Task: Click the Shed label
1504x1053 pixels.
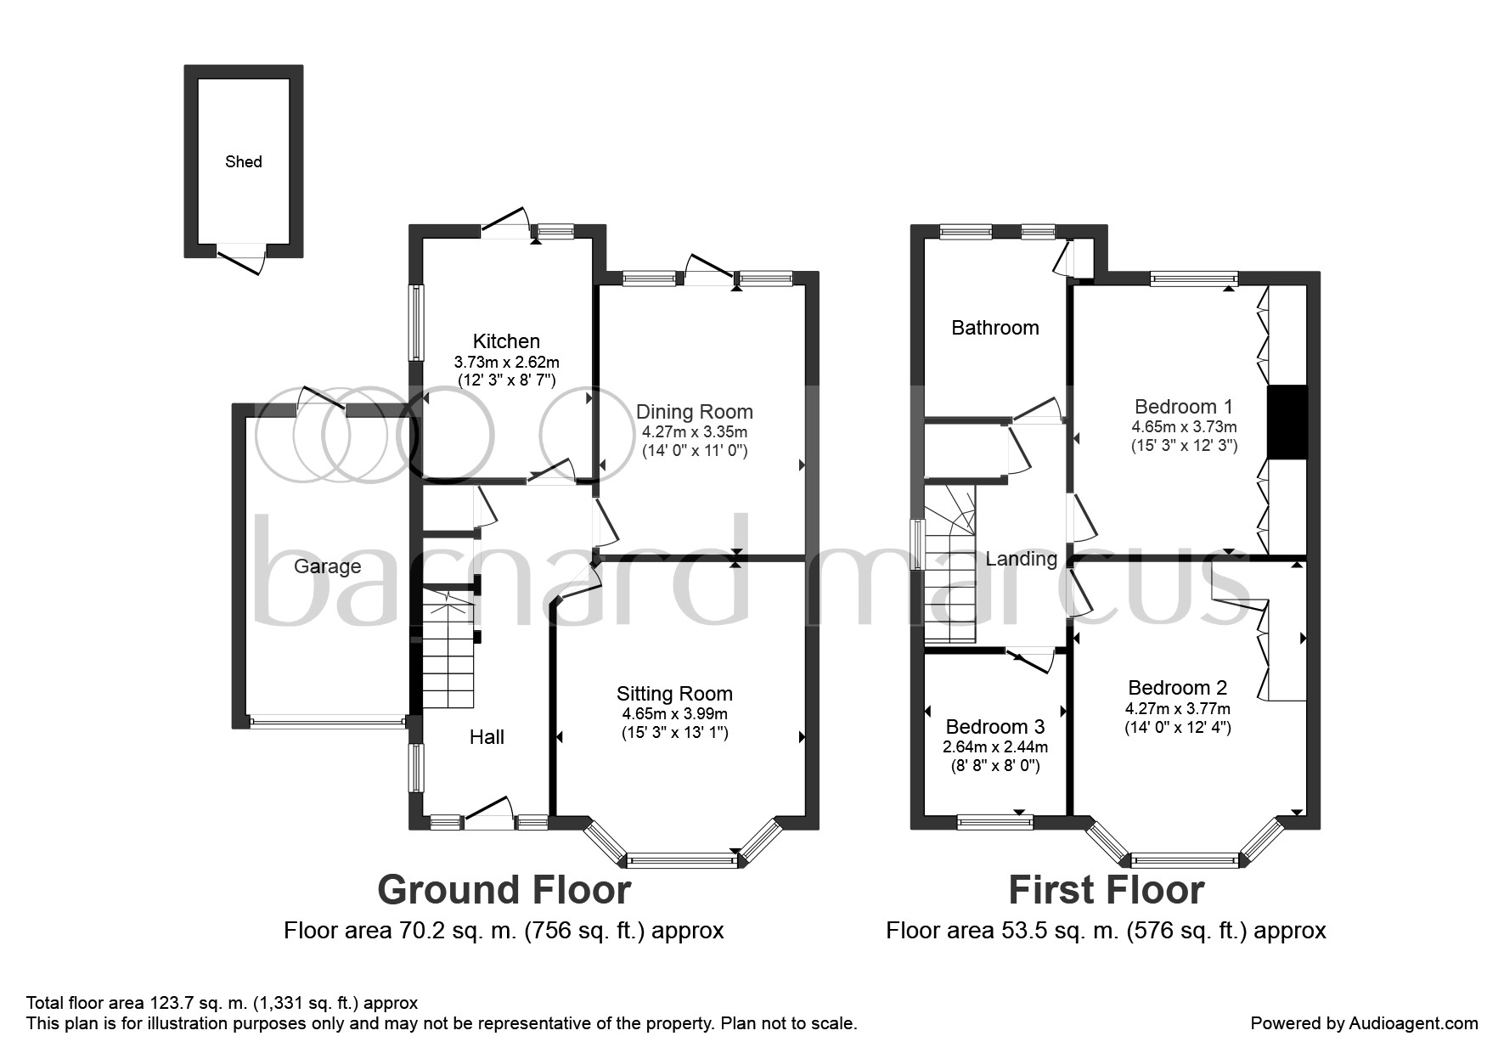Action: coord(244,161)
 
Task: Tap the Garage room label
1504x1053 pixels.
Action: coord(327,566)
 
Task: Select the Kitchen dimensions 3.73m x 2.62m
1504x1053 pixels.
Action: coord(506,363)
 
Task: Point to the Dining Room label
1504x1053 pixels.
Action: coord(695,412)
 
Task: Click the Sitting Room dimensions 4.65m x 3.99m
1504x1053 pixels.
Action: coord(674,715)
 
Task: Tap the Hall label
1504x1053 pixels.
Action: coord(487,737)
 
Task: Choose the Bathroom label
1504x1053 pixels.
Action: coord(995,328)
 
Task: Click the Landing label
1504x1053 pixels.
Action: coord(1022,559)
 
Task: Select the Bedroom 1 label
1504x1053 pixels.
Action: coord(1184,407)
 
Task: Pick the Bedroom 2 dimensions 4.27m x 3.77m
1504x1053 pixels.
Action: coord(1178,709)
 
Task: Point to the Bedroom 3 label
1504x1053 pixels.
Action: coord(995,727)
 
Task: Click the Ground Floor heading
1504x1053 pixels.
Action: coord(504,890)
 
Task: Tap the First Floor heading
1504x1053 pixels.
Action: coord(1106,890)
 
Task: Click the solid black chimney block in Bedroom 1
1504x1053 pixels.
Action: coord(1287,423)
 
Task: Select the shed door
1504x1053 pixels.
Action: coord(241,258)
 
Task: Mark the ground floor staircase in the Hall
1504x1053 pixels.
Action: coord(448,647)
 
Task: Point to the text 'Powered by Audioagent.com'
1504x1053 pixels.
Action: coord(1365,1023)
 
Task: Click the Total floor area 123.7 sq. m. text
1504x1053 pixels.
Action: coord(222,1003)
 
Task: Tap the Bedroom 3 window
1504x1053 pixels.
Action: coord(995,821)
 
